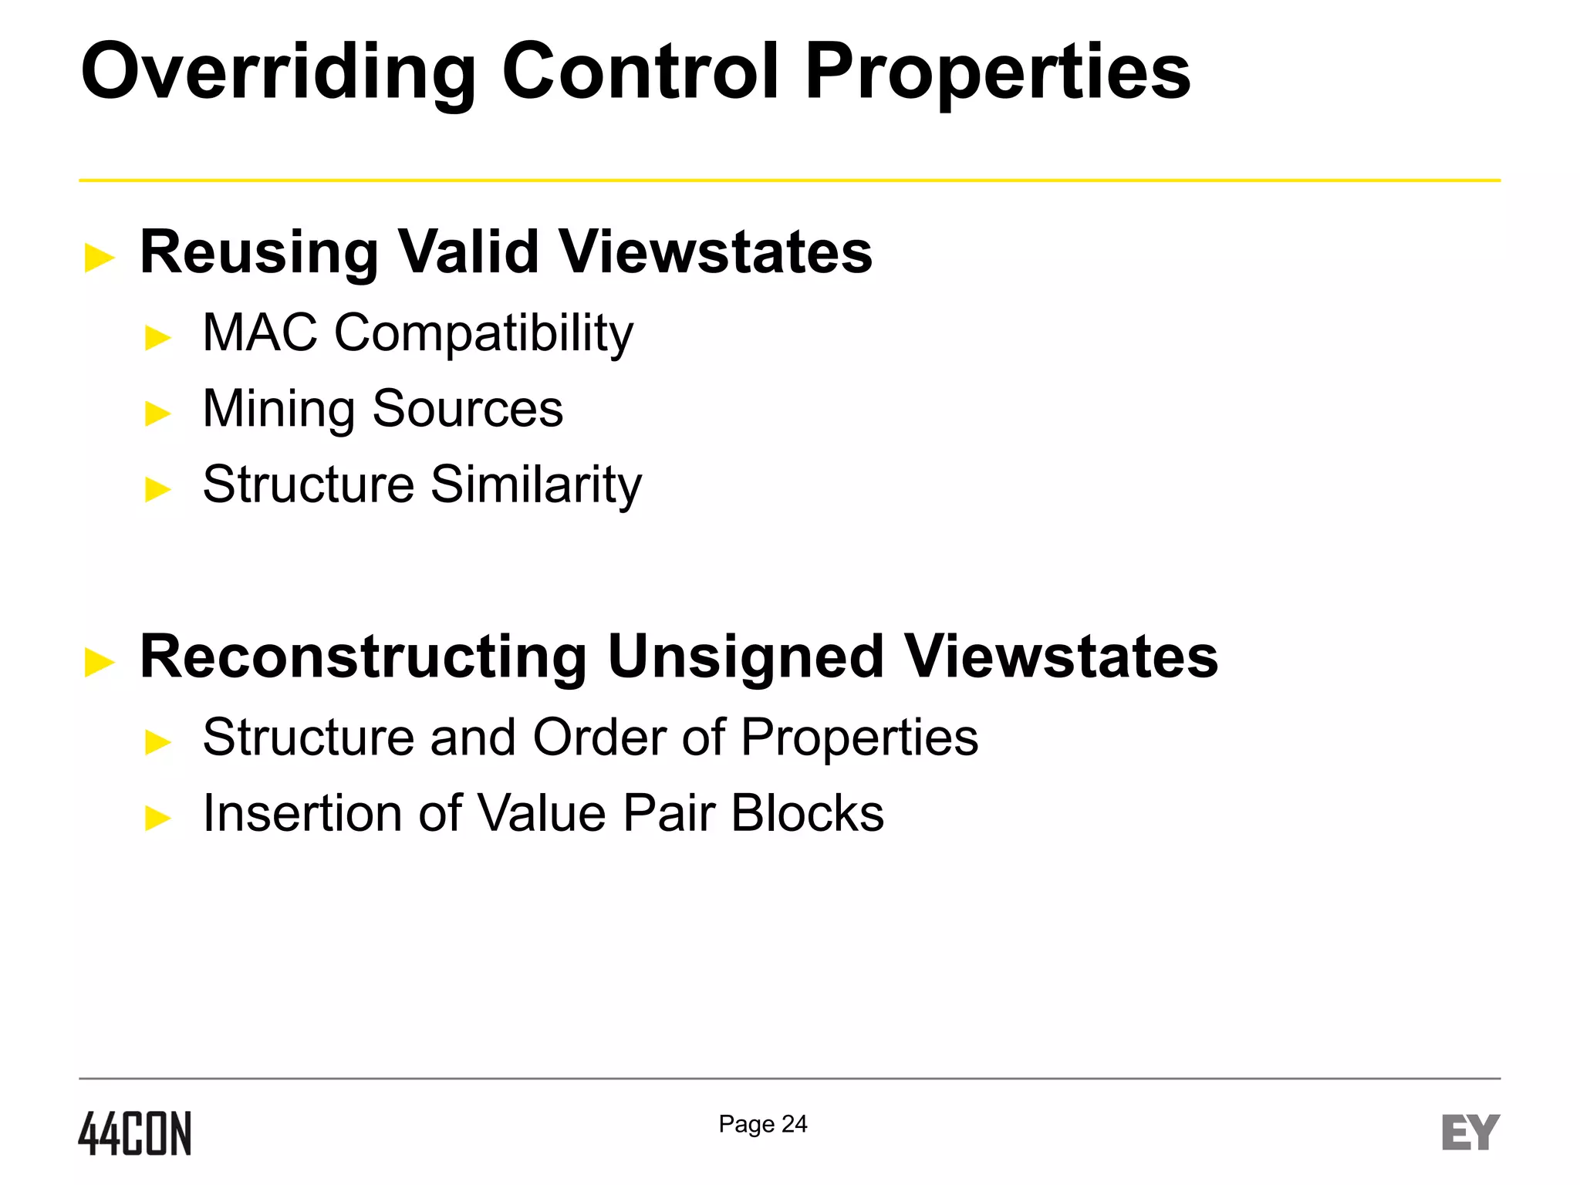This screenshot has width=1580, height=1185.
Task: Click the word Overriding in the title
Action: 278,72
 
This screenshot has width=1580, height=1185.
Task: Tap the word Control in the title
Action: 640,72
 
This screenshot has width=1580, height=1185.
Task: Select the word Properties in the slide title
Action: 998,72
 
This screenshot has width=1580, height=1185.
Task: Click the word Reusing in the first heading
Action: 258,252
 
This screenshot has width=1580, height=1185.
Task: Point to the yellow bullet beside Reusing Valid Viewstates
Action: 100,257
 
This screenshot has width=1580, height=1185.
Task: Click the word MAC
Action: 259,333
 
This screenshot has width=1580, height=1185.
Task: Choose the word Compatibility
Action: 483,334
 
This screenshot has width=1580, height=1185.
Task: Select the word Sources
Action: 468,408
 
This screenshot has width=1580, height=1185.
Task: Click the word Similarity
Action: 535,485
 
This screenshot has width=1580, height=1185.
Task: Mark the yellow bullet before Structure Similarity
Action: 158,489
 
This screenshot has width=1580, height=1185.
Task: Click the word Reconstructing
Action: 363,657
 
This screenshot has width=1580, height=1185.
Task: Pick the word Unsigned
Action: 745,657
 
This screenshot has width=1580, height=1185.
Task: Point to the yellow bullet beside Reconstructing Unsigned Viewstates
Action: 100,662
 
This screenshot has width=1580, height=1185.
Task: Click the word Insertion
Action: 302,813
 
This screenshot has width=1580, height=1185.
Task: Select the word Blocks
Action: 807,813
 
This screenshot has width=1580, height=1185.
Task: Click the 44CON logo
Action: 135,1133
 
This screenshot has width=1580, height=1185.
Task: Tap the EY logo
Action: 1470,1133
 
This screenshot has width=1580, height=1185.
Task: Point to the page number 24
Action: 794,1124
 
